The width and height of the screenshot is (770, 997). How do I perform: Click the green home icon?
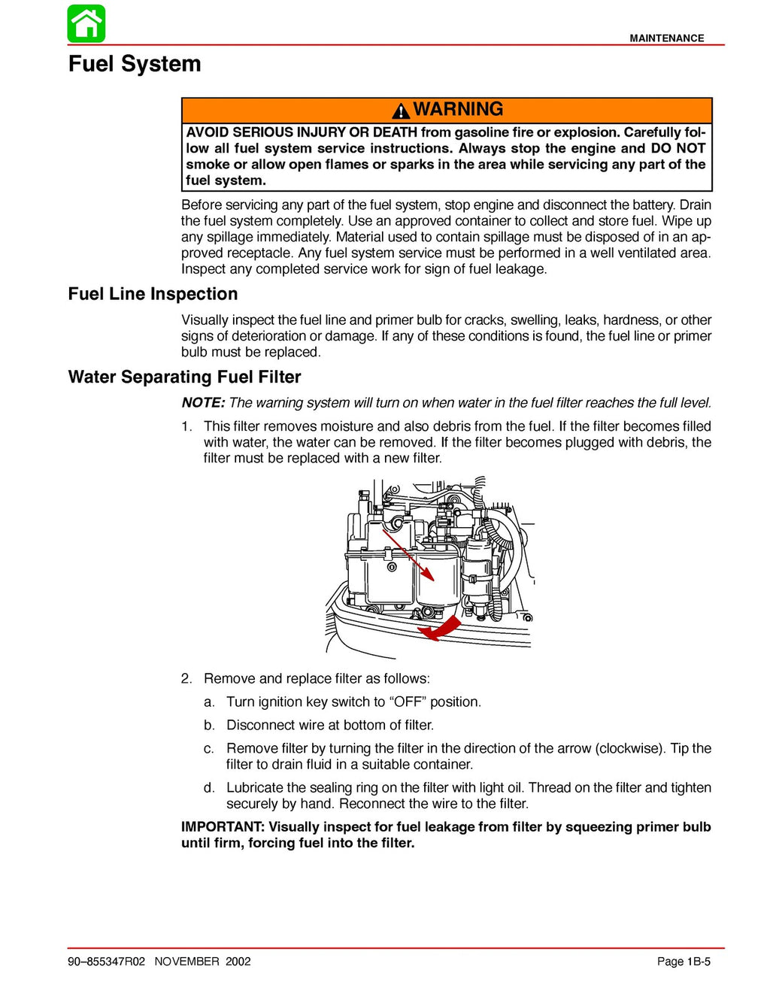(86, 24)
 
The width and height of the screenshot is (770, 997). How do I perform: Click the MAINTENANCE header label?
(666, 38)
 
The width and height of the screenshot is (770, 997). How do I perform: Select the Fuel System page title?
(135, 64)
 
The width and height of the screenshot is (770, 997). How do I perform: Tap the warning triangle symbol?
(401, 111)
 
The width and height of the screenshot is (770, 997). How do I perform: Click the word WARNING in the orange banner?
(458, 110)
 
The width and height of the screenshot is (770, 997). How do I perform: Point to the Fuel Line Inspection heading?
(153, 294)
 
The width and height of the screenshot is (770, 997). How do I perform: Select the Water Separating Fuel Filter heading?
(184, 377)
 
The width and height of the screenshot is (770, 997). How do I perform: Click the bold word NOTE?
(203, 403)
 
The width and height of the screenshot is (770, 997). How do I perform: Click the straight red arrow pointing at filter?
(410, 556)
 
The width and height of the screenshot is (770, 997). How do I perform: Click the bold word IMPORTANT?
(222, 827)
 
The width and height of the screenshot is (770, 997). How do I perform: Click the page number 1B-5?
(698, 962)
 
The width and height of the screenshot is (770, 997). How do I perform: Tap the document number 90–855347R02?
(106, 962)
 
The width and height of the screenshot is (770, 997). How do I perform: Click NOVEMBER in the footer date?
(186, 962)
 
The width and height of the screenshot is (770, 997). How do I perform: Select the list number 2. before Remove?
(186, 679)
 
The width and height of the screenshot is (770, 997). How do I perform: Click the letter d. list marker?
(209, 788)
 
